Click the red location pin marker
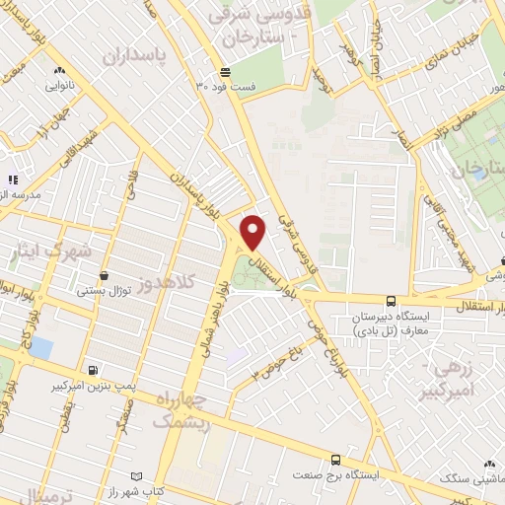click(253, 232)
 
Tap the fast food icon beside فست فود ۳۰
click(226, 72)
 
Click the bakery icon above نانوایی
click(61, 70)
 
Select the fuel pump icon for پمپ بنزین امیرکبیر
click(93, 370)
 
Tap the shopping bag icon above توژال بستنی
click(104, 276)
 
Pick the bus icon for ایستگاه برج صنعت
click(336, 460)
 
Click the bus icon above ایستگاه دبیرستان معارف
click(392, 301)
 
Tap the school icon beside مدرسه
click(13, 180)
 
